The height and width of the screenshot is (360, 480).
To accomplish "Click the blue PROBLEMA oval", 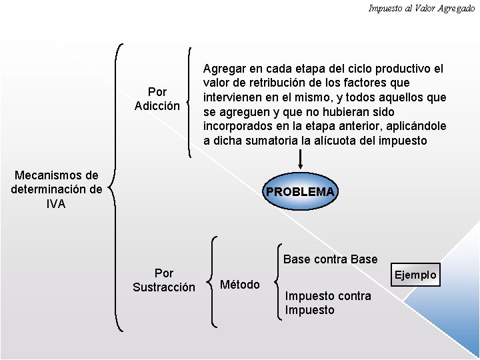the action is coord(301,192).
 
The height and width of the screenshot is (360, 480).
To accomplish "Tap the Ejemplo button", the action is coord(415,275).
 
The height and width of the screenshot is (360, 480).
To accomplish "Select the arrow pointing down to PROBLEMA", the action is coord(301,160).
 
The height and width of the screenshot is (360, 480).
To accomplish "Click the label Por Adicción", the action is coord(157,99).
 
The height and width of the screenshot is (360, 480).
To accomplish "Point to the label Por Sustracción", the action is coord(164,280).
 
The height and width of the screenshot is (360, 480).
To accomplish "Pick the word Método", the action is coord(240,285).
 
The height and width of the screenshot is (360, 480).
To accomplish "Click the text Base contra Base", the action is coord(330,259).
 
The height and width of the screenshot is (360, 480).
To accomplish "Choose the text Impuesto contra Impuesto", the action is coord(328,303).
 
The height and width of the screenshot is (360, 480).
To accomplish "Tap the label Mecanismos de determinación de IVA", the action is coord(57,190).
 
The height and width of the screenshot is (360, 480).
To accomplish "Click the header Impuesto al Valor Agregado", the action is coord(421,8).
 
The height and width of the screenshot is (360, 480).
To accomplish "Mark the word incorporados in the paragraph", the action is coord(237,126).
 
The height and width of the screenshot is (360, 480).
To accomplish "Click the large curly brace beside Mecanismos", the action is coord(116,187).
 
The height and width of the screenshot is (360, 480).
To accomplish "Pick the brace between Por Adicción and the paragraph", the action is coord(191,101).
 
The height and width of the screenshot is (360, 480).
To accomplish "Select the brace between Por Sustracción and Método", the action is coord(211,281).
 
